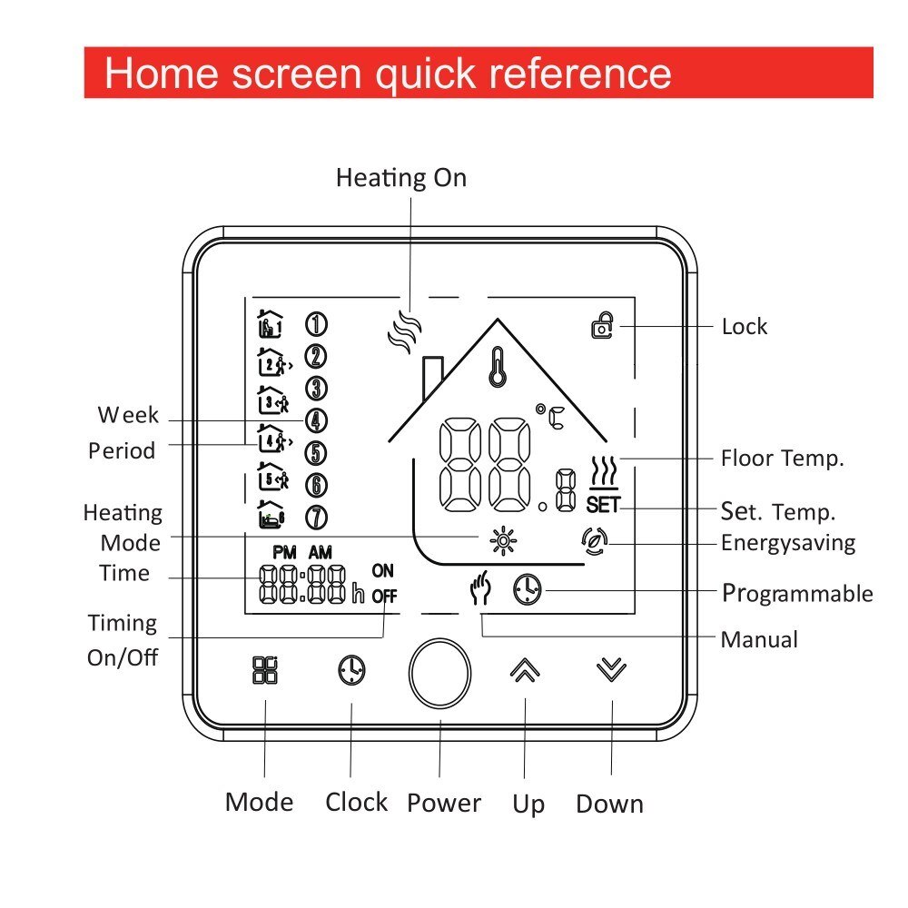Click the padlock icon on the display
(601, 326)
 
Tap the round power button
(440, 673)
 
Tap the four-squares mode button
(265, 670)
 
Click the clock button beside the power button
(351, 671)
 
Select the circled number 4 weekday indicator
(315, 420)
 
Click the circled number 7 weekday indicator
(315, 518)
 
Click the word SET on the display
(601, 505)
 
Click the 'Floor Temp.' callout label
(782, 458)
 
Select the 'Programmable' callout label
(796, 594)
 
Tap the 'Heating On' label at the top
(400, 177)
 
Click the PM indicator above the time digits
(284, 552)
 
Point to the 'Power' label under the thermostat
(443, 804)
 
